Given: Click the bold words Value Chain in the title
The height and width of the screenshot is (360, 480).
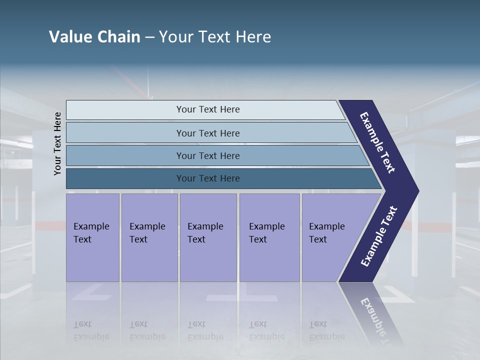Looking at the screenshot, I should click(x=94, y=37).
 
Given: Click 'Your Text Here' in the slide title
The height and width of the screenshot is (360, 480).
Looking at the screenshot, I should click(x=215, y=37).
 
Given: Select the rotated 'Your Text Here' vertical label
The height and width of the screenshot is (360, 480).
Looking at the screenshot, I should click(x=57, y=143).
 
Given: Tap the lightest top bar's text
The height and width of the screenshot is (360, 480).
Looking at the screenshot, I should click(x=208, y=109).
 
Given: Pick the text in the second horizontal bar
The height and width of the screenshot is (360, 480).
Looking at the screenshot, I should click(x=208, y=133).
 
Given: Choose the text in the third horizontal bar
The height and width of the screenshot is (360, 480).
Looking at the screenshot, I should click(x=208, y=156).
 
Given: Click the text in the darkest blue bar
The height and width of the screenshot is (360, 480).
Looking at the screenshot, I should click(x=208, y=178).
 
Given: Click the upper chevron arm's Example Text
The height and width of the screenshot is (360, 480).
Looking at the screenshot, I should click(x=378, y=142).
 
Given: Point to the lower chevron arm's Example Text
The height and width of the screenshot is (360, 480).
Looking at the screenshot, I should click(x=379, y=236).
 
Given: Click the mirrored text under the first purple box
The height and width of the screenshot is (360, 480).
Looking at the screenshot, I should click(x=91, y=330).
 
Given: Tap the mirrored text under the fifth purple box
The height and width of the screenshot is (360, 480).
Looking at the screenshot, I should click(x=327, y=330).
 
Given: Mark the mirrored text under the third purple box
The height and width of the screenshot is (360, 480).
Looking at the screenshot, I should click(x=205, y=330).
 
